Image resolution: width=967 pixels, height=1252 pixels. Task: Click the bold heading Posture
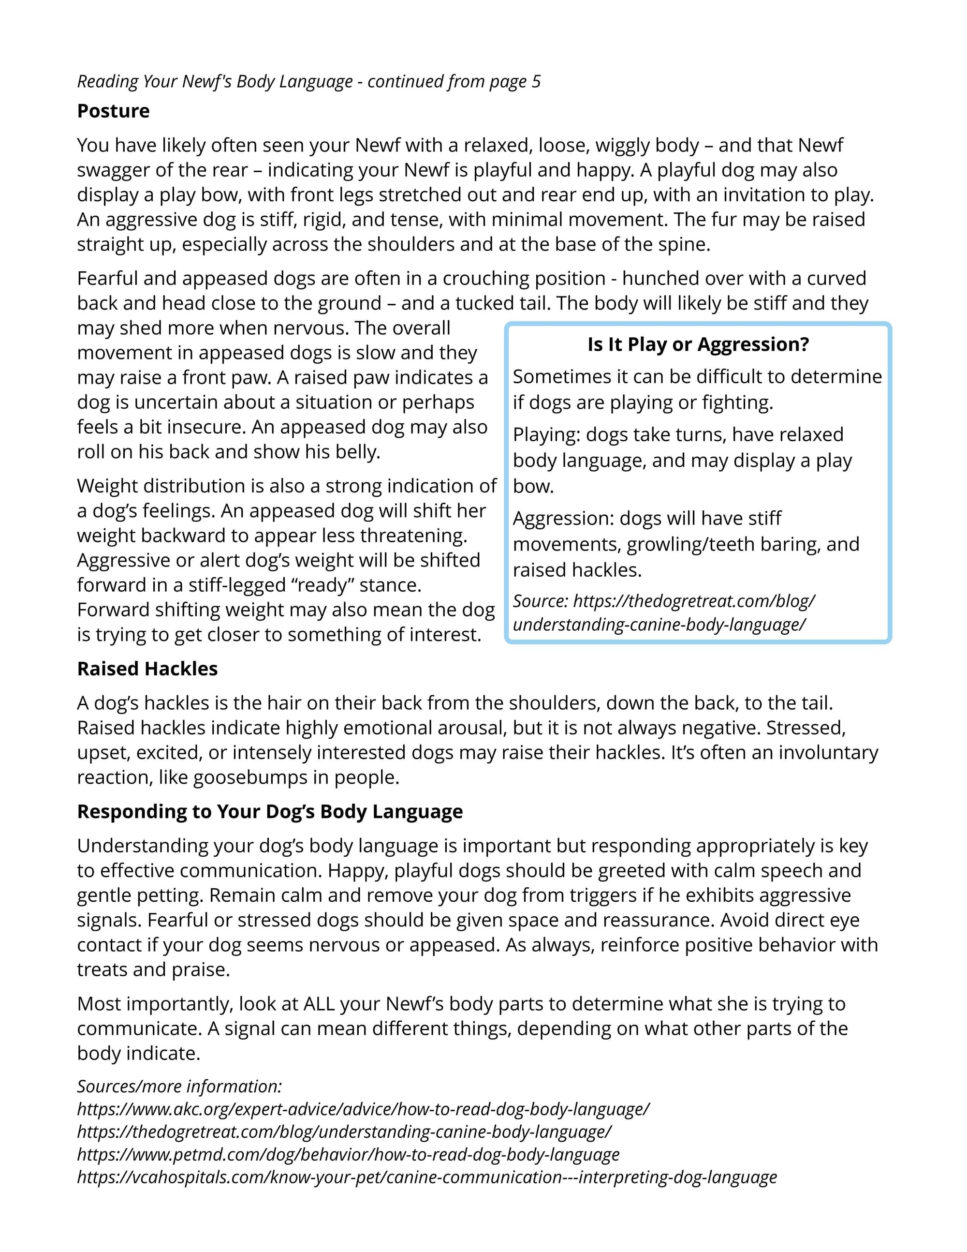click(x=114, y=111)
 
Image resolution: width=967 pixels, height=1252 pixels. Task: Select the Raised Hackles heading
click(x=147, y=669)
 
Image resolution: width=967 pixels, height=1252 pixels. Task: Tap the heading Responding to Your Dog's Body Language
click(x=270, y=812)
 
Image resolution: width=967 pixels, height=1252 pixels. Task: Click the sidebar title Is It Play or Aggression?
click(x=698, y=344)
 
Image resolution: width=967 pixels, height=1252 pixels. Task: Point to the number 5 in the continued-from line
click(x=536, y=82)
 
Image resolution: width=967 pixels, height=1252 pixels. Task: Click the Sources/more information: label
click(x=179, y=1087)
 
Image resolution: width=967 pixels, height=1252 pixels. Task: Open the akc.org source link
click(x=363, y=1109)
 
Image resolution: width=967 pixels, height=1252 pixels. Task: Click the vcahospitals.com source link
click(x=427, y=1177)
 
